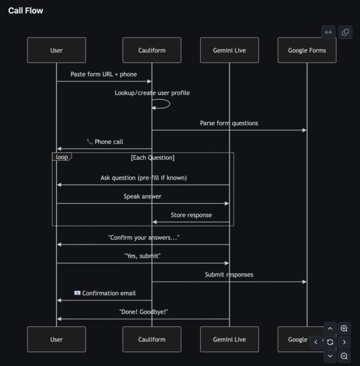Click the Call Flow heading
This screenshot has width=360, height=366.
26,11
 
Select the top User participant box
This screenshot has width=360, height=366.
56,50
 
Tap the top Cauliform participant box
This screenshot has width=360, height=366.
152,50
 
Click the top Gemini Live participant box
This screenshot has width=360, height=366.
229,50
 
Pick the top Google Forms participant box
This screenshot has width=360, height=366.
307,50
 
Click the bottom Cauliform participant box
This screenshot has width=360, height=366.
152,339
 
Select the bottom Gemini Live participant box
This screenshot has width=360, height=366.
229,339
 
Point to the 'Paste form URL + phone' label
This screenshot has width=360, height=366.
104,74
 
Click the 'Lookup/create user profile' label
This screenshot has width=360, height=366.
152,93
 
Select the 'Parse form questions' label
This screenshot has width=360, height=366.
229,123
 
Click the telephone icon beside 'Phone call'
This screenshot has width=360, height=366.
90,142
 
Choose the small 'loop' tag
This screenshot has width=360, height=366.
61,157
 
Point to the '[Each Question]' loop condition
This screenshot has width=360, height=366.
152,158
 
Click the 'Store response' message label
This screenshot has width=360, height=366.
191,215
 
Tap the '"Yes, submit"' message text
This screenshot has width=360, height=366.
143,255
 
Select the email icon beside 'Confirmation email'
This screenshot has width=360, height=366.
77,293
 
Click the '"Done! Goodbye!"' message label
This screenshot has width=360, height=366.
143,312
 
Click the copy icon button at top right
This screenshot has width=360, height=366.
345,32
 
